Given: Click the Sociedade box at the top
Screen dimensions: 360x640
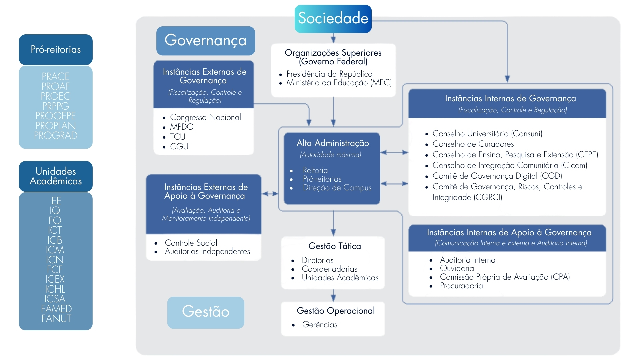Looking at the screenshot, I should coord(333,19).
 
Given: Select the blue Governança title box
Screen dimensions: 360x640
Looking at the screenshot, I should coord(205,41).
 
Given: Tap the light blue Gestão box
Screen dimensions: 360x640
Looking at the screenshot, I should coord(205,312).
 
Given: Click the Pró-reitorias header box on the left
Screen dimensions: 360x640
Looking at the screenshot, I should coord(56,50).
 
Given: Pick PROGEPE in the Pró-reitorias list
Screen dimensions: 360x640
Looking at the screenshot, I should coord(56,116).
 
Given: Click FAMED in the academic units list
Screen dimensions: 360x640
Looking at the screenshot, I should coord(56,309).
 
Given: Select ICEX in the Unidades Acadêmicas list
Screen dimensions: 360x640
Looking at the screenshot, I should coord(55,279).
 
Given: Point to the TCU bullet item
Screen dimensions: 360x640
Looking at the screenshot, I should coord(178,137).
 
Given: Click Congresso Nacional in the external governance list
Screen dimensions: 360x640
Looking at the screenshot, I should coord(205,117).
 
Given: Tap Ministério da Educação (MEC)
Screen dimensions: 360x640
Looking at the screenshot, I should coord(339,83).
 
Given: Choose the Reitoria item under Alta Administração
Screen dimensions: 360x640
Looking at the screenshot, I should coord(315,170).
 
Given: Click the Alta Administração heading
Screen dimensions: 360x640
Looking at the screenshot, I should coord(333,143).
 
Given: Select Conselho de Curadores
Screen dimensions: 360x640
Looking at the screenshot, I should coord(473,144).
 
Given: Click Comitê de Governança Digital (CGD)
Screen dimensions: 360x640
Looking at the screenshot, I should coord(497,176).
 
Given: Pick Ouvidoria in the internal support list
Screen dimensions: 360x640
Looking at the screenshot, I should coord(457,268).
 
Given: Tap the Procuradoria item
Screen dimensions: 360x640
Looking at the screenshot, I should coord(461,286).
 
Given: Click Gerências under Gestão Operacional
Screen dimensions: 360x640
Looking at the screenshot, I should coord(320,325).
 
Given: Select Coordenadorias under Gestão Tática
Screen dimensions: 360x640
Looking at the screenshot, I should coord(329,269).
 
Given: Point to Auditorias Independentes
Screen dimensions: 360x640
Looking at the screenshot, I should coord(207,251).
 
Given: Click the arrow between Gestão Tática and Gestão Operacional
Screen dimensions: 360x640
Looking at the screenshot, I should coord(333,295).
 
